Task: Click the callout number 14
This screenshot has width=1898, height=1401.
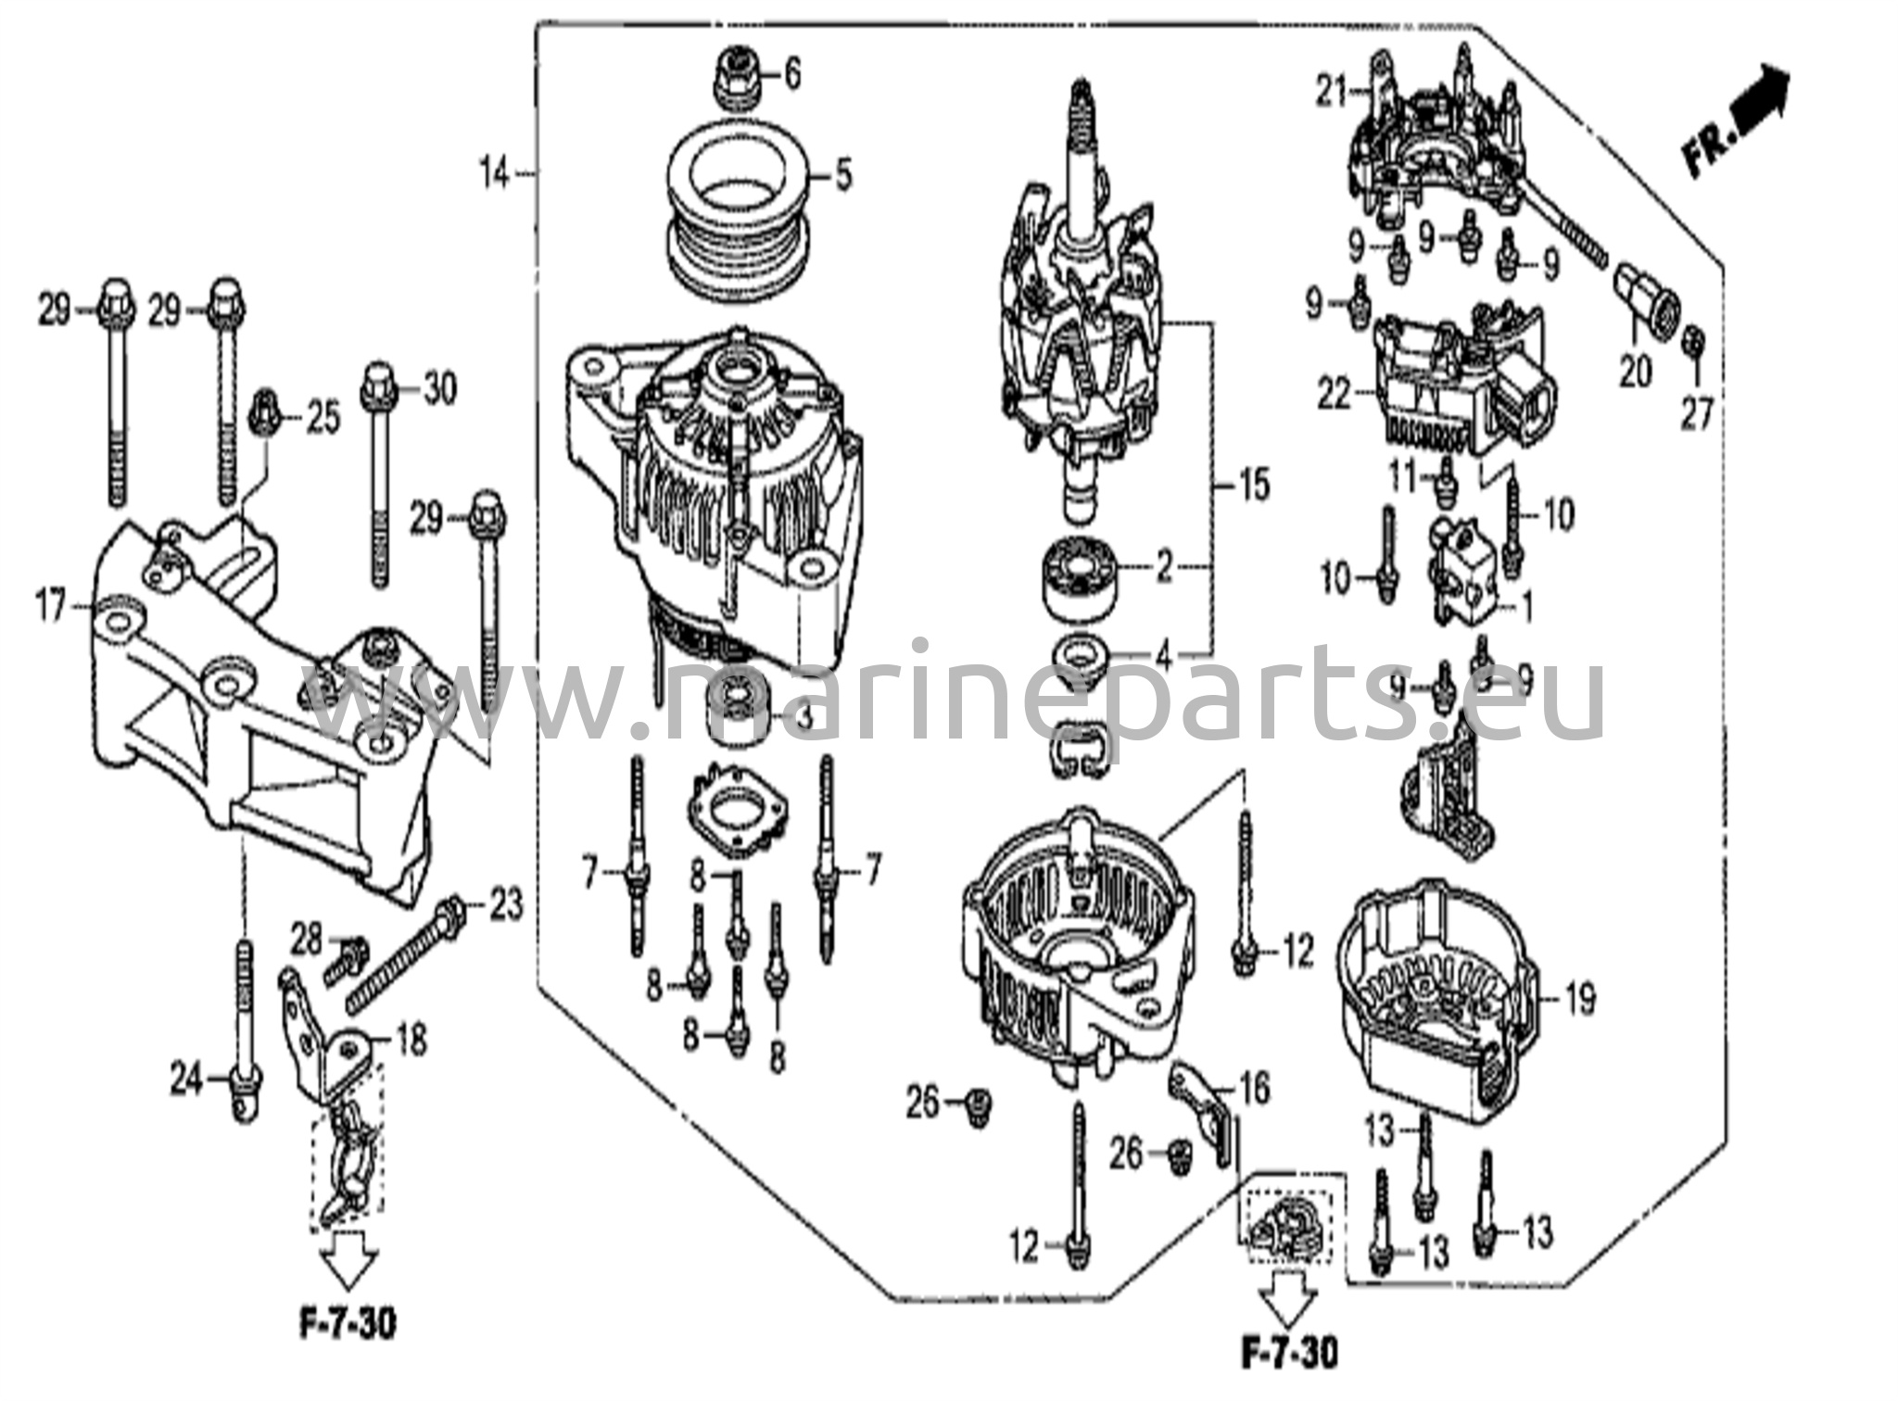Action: pos(495,173)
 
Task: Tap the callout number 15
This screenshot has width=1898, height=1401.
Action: pos(1254,486)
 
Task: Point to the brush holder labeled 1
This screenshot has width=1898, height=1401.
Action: pos(1464,569)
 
